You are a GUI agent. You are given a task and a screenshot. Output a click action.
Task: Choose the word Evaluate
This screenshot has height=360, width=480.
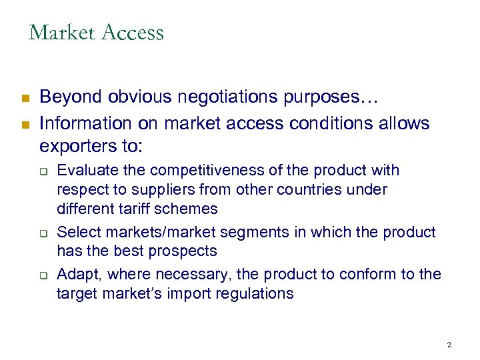(x=85, y=171)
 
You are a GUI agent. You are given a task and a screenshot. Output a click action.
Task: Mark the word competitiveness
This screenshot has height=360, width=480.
(x=215, y=171)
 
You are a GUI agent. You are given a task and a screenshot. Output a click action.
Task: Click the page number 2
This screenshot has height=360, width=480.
(x=449, y=345)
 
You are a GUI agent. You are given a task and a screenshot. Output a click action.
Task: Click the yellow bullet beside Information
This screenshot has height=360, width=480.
(x=25, y=124)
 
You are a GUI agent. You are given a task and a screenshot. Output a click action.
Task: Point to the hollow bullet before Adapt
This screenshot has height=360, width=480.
(x=42, y=275)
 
